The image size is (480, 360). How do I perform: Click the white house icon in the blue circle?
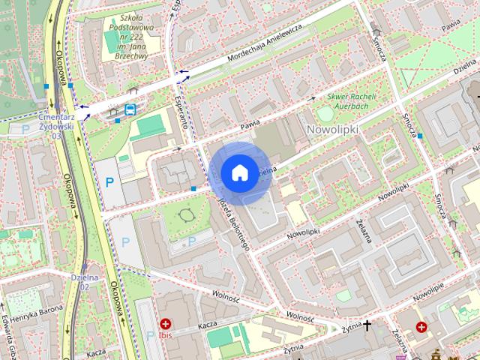(239, 173)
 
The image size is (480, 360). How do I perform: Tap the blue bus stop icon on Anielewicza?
(130, 109)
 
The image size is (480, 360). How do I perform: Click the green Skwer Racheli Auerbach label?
(354, 100)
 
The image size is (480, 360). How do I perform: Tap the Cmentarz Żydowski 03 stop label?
(56, 124)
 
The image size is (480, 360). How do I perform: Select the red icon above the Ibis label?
(164, 324)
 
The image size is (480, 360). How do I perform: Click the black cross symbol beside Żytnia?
(367, 325)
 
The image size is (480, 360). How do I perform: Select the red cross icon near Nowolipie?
(421, 327)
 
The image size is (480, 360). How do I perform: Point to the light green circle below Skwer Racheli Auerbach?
(325, 115)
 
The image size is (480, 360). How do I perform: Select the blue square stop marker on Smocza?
(420, 136)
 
